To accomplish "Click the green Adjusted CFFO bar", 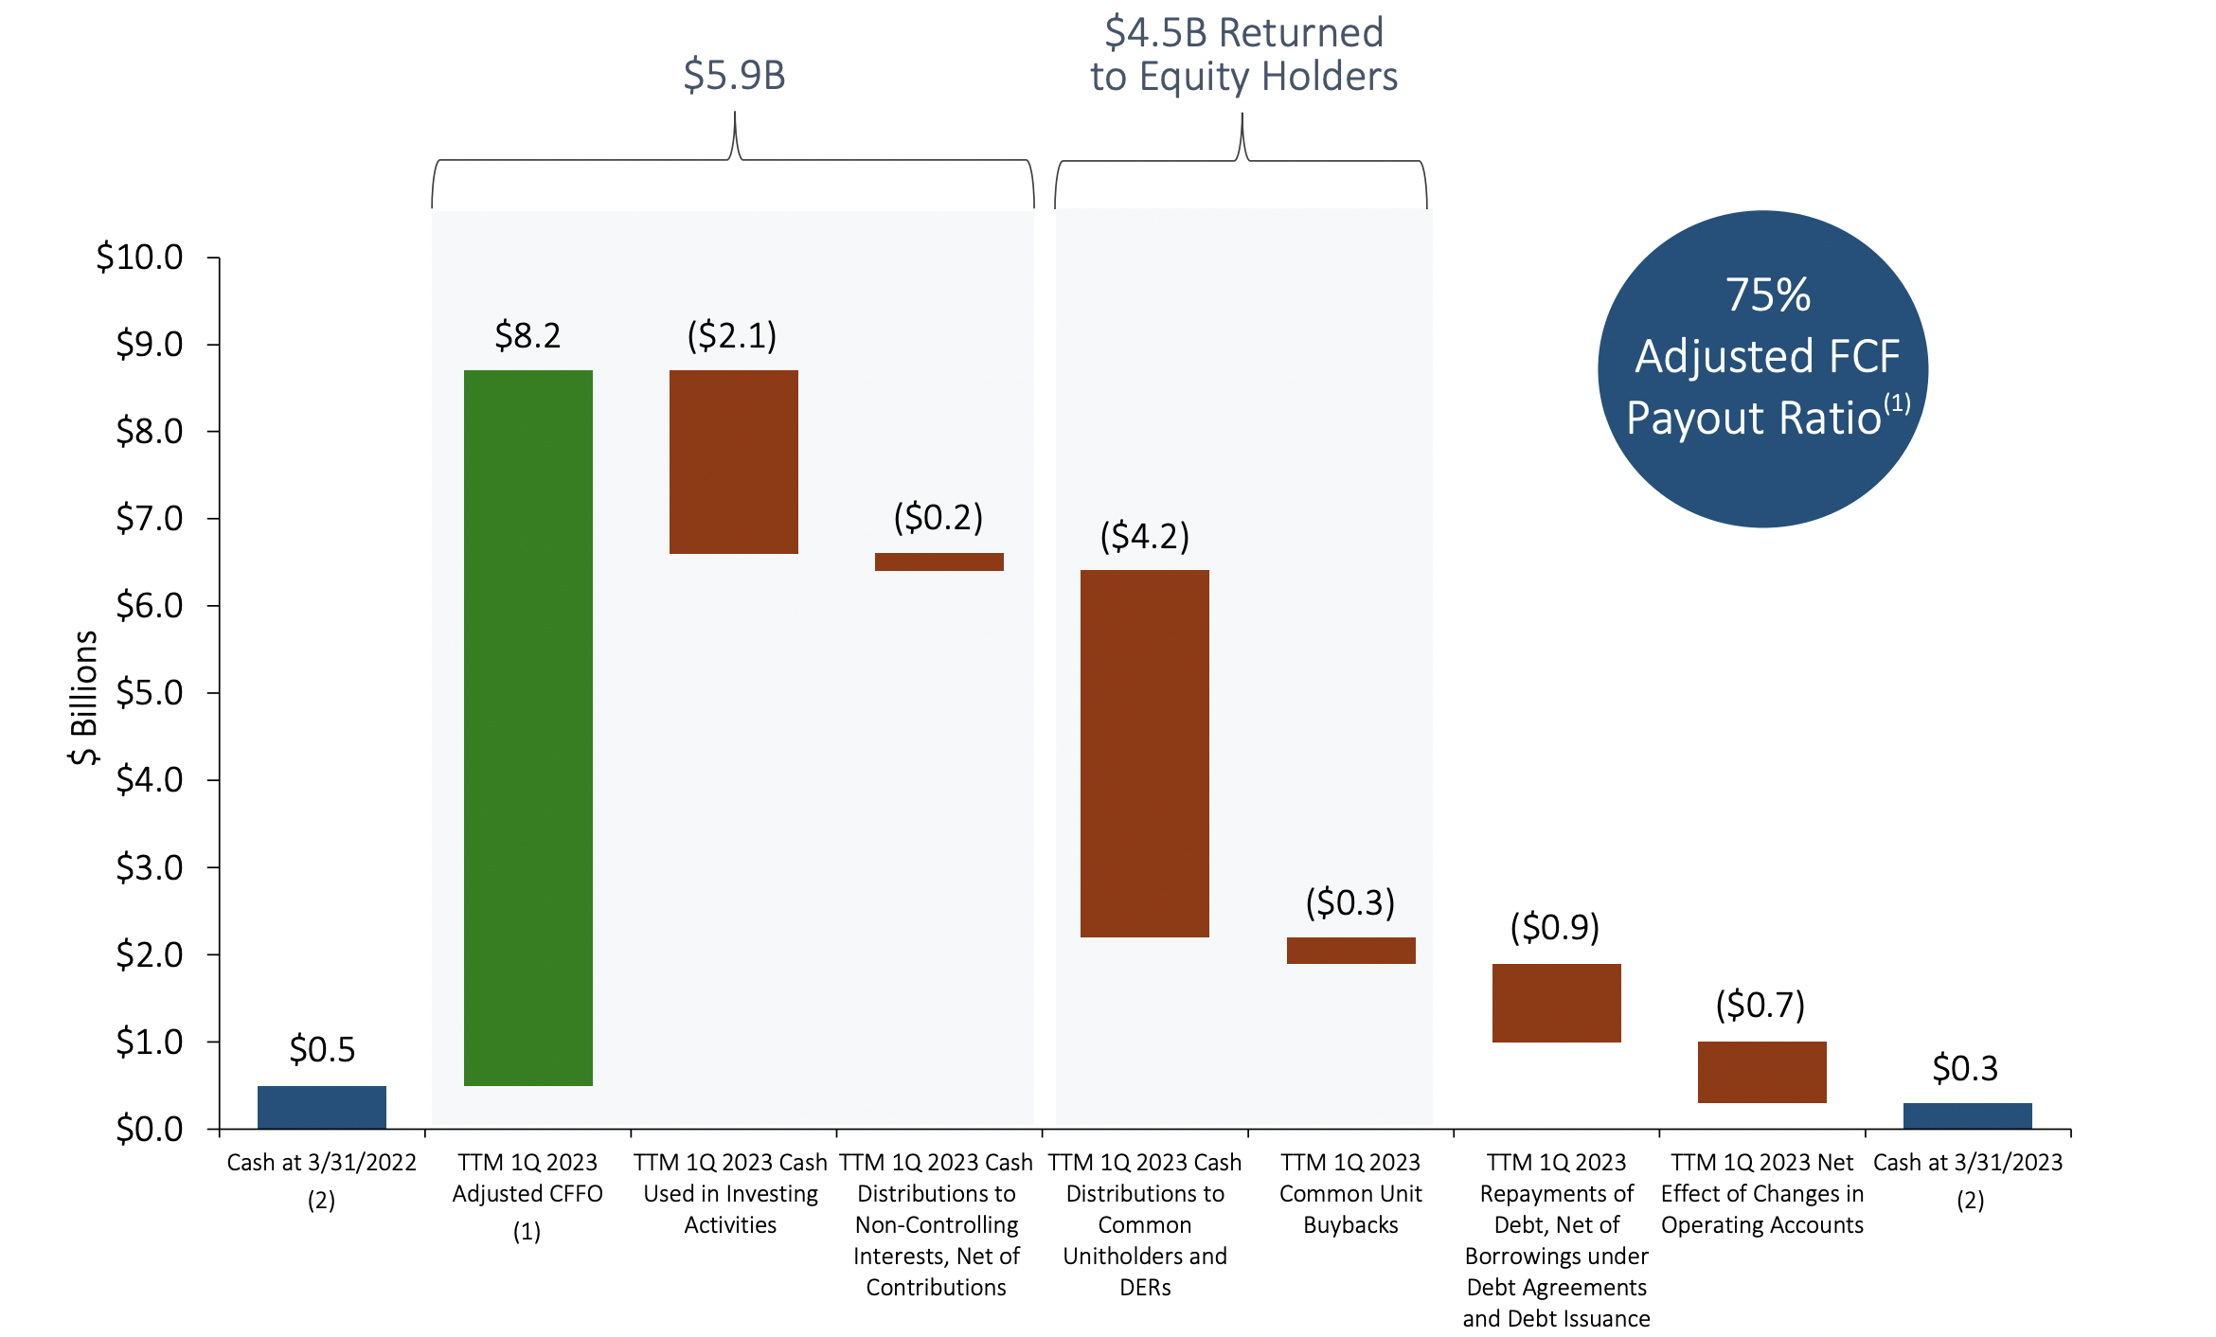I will tap(527, 727).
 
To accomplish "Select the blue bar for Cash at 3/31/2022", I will tap(322, 1107).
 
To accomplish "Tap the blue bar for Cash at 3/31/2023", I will tap(1967, 1115).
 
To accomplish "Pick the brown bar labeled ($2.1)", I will tap(733, 461).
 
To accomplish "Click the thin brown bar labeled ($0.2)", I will tap(938, 562).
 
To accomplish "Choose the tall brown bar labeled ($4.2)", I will tap(1144, 753).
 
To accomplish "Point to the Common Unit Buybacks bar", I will tap(1350, 951).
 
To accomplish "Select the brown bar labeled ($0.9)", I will tap(1556, 1003).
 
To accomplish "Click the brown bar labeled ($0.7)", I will tap(1761, 1072).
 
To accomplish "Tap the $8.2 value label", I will tap(527, 335).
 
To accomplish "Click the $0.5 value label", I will tap(322, 1049).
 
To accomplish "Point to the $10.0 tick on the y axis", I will tap(140, 257).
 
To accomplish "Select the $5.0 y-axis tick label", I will tap(150, 692).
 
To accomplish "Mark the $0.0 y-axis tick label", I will tap(150, 1129).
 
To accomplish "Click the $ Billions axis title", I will tap(83, 697).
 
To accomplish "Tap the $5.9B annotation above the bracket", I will tap(734, 75).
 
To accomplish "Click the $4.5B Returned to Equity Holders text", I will tap(1243, 54).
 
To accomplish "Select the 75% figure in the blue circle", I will tap(1767, 294).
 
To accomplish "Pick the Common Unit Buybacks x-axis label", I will tap(1350, 1193).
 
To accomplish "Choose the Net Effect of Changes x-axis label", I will tap(1761, 1193).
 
